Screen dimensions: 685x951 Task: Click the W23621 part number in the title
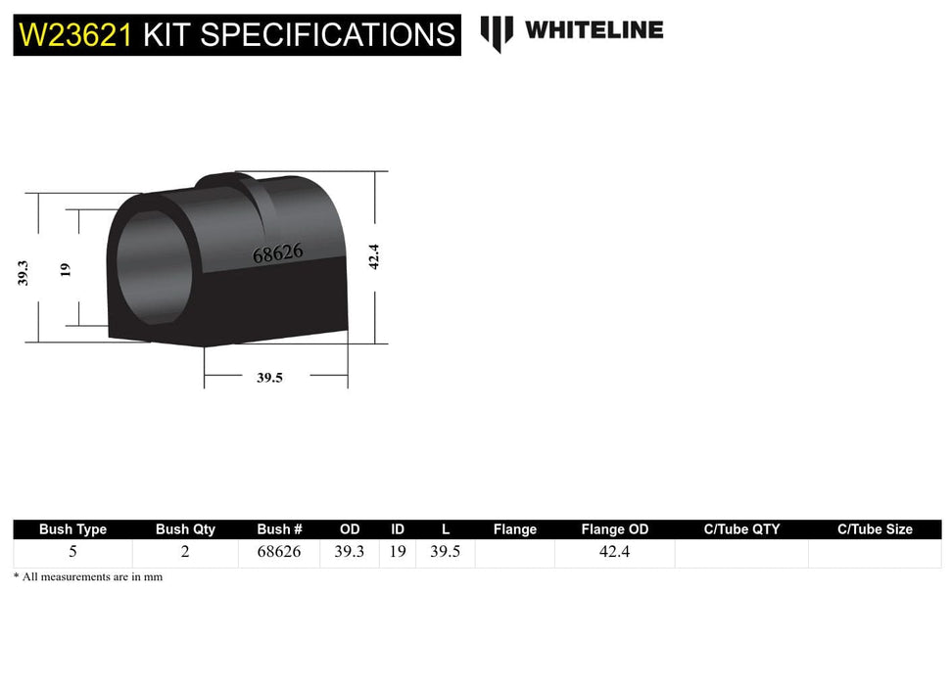pos(75,34)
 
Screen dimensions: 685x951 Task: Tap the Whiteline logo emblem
pos(497,32)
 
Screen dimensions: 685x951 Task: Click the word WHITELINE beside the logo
pos(594,30)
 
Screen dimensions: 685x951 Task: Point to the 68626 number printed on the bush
pos(278,252)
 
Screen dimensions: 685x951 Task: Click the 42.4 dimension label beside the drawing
pos(373,257)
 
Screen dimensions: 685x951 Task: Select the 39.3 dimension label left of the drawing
pos(23,272)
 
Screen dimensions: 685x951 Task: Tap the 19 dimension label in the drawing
pos(66,268)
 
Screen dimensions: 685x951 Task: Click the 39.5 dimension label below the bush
pos(269,378)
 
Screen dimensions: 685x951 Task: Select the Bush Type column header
pos(72,529)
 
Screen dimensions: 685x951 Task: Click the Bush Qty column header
pos(185,529)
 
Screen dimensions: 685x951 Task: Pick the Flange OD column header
pos(614,529)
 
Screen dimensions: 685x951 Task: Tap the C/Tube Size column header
pos(875,529)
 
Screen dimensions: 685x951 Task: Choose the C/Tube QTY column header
pos(741,529)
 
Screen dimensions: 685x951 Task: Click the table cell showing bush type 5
pos(72,552)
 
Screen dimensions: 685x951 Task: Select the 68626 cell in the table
pos(278,552)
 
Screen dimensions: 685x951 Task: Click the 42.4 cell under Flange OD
pos(614,552)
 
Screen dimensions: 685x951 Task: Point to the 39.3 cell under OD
pos(349,552)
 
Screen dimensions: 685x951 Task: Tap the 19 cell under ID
pos(398,552)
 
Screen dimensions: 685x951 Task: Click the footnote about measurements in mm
pos(88,577)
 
